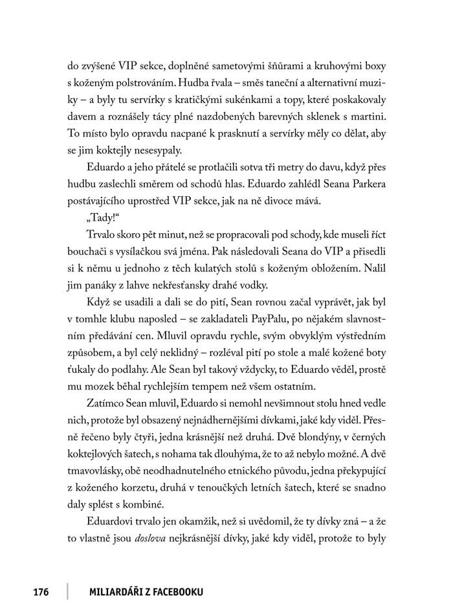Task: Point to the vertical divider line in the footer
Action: pos(67,591)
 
